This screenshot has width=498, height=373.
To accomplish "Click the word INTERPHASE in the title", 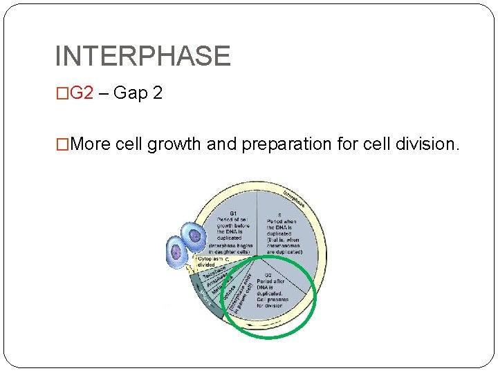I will click(142, 56).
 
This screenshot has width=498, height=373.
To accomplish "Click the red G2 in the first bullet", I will click(82, 93).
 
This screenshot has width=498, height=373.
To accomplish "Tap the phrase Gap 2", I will click(138, 93).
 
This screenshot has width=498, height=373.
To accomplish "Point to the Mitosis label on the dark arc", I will click(205, 300).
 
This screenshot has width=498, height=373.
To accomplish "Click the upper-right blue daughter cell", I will click(194, 237).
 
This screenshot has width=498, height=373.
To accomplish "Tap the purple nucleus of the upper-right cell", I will click(195, 236).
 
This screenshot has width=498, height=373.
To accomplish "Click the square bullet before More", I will click(62, 144).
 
